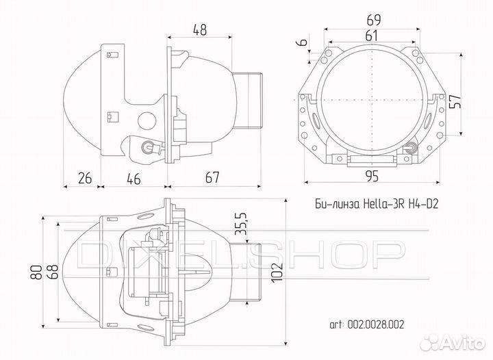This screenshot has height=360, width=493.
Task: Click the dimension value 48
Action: click(x=200, y=29)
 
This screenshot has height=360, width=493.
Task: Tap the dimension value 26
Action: click(x=85, y=178)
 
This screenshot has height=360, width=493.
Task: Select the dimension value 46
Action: click(x=134, y=178)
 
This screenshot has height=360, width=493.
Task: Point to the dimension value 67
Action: click(x=212, y=178)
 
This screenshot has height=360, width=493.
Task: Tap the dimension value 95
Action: click(x=372, y=177)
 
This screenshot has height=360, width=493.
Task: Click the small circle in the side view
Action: click(x=145, y=121)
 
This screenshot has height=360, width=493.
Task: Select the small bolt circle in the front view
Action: click(x=411, y=146)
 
